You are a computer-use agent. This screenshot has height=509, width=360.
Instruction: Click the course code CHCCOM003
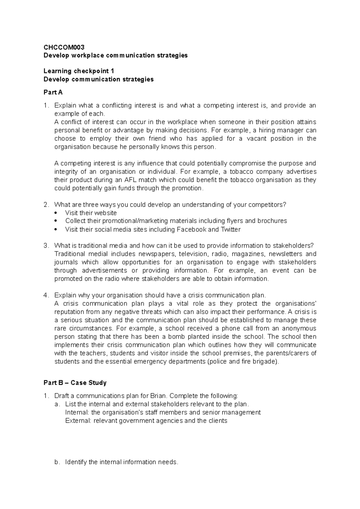(64, 47)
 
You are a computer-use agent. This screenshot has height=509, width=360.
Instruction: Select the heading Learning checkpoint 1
(79, 71)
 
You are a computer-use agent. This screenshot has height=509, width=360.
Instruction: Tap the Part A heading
(53, 92)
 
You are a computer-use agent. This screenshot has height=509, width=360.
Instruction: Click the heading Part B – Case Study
(75, 383)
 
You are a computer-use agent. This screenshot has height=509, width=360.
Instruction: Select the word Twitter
(230, 230)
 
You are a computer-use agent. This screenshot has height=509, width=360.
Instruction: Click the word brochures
(272, 221)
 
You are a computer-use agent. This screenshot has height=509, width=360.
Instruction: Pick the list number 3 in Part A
(46, 246)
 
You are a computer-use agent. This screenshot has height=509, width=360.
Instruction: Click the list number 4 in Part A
(46, 295)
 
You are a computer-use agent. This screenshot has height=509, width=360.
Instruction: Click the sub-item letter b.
(57, 462)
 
